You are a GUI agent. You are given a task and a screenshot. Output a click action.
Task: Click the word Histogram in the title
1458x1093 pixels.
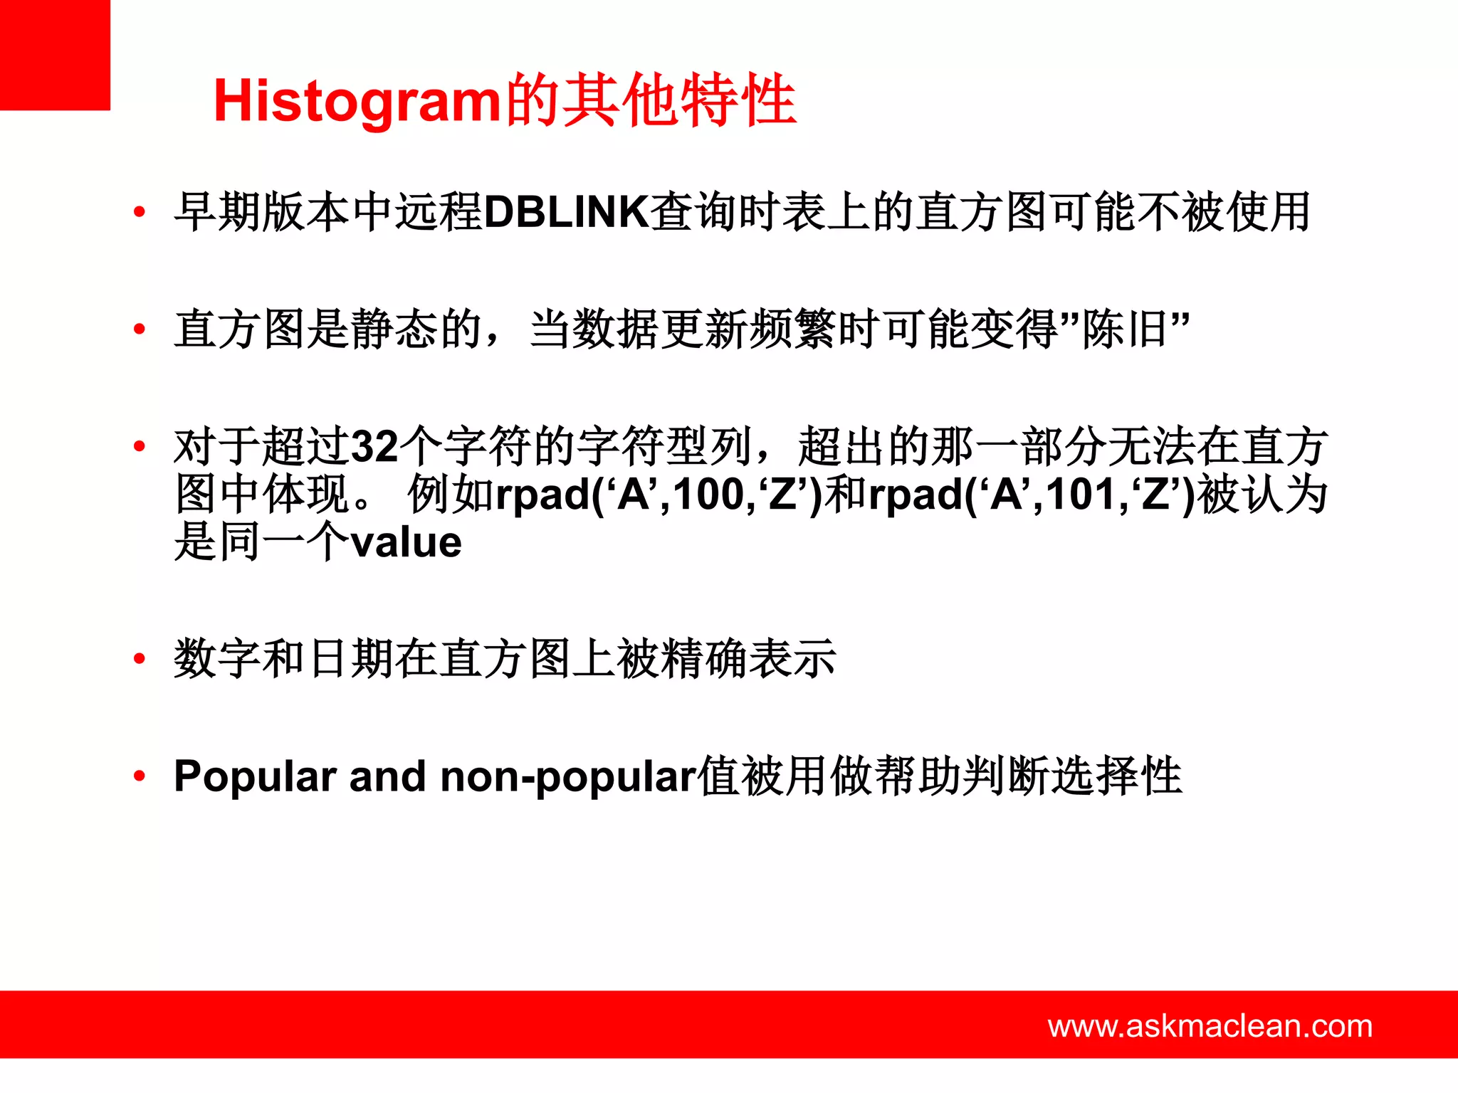pos(357,101)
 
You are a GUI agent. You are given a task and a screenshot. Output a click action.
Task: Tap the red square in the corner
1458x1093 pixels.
pos(55,55)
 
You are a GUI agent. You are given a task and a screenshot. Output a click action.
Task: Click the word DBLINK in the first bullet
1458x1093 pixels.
pos(566,212)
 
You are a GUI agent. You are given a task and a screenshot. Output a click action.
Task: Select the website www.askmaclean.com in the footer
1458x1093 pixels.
pos(1210,1025)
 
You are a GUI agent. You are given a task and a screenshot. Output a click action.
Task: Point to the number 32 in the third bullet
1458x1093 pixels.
pos(375,447)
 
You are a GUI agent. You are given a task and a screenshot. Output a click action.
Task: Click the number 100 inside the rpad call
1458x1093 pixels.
pos(709,495)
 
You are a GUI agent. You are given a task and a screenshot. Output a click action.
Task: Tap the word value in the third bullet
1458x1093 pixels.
pos(407,542)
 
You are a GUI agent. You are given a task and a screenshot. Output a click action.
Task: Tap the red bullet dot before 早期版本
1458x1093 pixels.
pos(140,211)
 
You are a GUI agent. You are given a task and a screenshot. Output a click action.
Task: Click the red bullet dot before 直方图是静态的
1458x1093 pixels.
pos(140,329)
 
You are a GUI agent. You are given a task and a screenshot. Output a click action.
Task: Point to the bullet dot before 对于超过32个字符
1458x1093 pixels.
pos(140,446)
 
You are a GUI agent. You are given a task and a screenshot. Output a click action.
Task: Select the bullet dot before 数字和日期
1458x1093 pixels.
pos(140,658)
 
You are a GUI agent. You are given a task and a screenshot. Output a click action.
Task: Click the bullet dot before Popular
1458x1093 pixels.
pos(140,776)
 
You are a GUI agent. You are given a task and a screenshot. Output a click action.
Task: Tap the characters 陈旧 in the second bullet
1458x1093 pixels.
pos(1125,329)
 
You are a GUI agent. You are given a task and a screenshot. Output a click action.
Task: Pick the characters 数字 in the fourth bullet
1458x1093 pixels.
pos(217,658)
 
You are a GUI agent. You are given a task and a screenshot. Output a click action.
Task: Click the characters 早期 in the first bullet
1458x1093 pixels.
pos(217,212)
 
